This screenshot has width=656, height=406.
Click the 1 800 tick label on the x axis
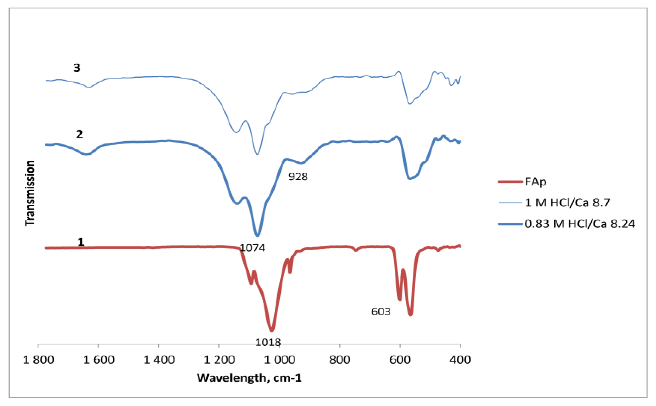pyautogui.click(x=39, y=360)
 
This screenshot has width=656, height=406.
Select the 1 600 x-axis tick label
pyautogui.click(x=99, y=360)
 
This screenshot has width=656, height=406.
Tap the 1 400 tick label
pyautogui.click(x=159, y=360)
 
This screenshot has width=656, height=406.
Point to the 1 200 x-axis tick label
pyautogui.click(x=219, y=360)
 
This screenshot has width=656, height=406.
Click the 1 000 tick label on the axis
pyautogui.click(x=280, y=360)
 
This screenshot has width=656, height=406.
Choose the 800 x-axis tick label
pyautogui.click(x=339, y=360)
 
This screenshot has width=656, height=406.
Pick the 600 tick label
pyautogui.click(x=400, y=360)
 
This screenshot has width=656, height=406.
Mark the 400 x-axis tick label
pyautogui.click(x=460, y=360)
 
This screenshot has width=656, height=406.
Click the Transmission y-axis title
pyautogui.click(x=30, y=193)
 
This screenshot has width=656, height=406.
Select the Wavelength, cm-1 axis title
pyautogui.click(x=249, y=378)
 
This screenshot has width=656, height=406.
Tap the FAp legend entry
pyautogui.click(x=535, y=182)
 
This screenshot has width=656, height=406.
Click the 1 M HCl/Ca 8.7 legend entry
pyautogui.click(x=567, y=203)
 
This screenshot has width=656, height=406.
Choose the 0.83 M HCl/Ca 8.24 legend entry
pyautogui.click(x=579, y=223)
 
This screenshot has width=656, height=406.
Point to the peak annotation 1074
pyautogui.click(x=252, y=247)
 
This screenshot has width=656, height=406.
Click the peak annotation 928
pyautogui.click(x=298, y=176)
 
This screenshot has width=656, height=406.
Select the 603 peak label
pyautogui.click(x=381, y=312)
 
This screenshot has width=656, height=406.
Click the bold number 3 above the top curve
pyautogui.click(x=77, y=68)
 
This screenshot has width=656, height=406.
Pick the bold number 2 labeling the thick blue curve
pyautogui.click(x=79, y=134)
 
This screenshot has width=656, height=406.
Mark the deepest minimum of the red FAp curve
pyautogui.click(x=271, y=330)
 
